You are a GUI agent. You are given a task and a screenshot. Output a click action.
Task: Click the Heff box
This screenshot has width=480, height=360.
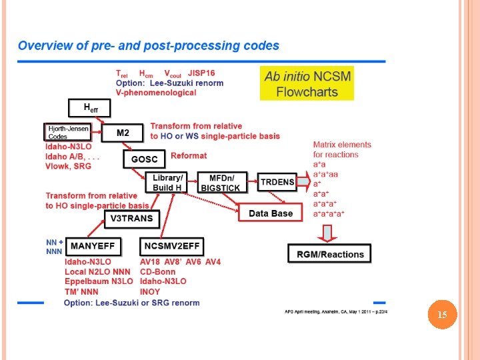[88, 107]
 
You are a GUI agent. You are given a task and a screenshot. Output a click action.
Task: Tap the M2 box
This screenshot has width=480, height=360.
[123, 133]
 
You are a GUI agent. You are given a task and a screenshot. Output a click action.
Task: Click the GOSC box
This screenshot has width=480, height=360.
[144, 160]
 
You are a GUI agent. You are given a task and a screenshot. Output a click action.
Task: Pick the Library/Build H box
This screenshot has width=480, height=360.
[167, 183]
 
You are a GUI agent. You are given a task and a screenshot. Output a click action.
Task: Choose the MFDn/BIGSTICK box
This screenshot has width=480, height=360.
[223, 183]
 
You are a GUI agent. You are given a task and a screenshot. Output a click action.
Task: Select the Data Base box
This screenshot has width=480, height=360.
[270, 213]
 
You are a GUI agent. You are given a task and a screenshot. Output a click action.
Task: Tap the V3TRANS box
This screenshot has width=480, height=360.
[131, 218]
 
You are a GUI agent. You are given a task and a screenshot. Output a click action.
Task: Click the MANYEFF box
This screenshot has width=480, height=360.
[93, 246]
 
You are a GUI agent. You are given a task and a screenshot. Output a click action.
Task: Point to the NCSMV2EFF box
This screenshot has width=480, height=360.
[171, 246]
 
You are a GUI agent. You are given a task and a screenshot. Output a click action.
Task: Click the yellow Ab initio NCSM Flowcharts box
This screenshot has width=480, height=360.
[307, 84]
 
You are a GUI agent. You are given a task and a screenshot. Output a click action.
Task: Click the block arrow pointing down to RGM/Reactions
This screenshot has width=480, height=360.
[327, 231]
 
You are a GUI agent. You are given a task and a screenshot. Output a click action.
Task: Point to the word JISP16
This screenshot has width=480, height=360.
[201, 74]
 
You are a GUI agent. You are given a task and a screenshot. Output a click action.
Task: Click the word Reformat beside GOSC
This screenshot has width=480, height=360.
[189, 155]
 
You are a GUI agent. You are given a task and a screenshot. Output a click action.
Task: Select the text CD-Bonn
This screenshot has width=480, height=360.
[158, 271]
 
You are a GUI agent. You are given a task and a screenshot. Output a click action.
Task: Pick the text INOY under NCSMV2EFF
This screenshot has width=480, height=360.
[150, 291]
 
